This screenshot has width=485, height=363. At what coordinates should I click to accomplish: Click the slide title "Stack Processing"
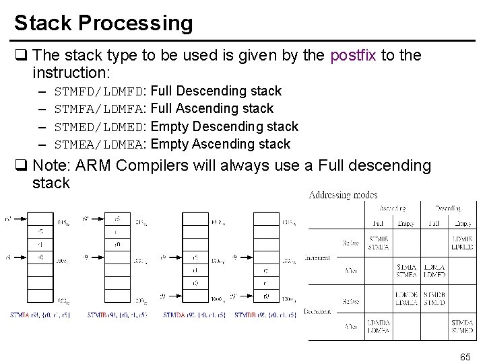[103, 22]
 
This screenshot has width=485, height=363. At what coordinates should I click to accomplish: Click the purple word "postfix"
[354, 56]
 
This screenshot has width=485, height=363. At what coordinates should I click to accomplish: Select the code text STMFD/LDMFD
[100, 91]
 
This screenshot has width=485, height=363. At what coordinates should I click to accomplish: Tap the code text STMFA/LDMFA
[100, 109]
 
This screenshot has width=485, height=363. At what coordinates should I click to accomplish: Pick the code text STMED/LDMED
[100, 126]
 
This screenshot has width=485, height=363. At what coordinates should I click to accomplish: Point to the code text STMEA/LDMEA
[100, 144]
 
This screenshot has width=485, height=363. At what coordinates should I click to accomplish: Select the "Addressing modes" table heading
[344, 195]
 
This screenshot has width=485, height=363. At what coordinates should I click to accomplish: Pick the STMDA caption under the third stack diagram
[175, 315]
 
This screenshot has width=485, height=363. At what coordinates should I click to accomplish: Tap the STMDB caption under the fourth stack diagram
[246, 315]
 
